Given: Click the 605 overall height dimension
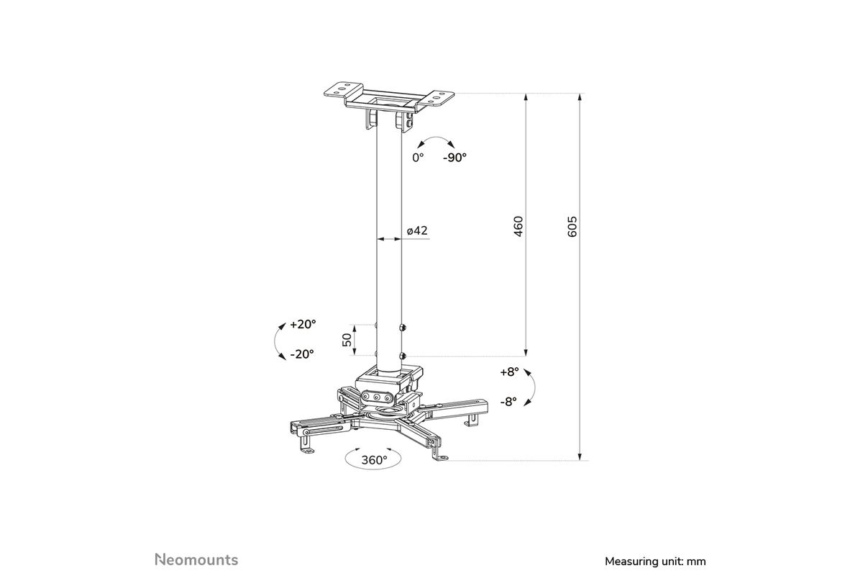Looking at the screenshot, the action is pyautogui.click(x=572, y=227).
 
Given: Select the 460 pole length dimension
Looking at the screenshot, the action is pyautogui.click(x=519, y=227).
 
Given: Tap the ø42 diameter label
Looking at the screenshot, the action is pyautogui.click(x=417, y=230).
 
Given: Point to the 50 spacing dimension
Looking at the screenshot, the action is pyautogui.click(x=347, y=340).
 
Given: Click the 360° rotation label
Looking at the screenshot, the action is pyautogui.click(x=374, y=460).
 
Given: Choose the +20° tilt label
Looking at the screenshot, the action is pyautogui.click(x=303, y=324).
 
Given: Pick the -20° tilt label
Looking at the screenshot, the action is pyautogui.click(x=302, y=354).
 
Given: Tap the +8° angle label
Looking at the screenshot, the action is pyautogui.click(x=509, y=372).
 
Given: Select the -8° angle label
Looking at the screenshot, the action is pyautogui.click(x=508, y=402).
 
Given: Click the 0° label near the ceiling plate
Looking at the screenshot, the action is pyautogui.click(x=418, y=158).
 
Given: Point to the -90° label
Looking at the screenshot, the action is pyautogui.click(x=455, y=158).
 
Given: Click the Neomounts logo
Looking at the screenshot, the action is pyautogui.click(x=196, y=559).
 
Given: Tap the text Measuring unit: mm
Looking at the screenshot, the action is pyautogui.click(x=655, y=562).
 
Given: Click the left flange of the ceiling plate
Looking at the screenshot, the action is pyautogui.click(x=344, y=89).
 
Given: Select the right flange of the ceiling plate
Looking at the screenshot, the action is pyautogui.click(x=435, y=99).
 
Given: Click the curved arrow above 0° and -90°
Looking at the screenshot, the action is pyautogui.click(x=436, y=138).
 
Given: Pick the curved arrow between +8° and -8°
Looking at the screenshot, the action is pyautogui.click(x=533, y=385).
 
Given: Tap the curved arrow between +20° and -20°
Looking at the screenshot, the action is pyautogui.click(x=275, y=341).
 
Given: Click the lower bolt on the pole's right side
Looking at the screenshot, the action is pyautogui.click(x=403, y=356).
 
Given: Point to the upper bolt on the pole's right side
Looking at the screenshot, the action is pyautogui.click(x=403, y=328).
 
